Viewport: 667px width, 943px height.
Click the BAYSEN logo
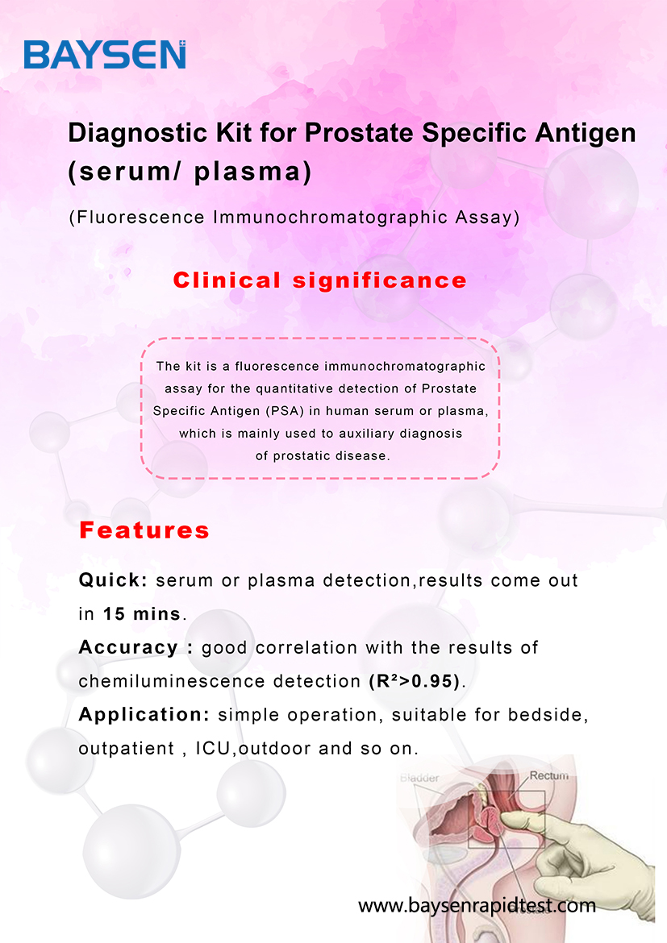[x=105, y=55]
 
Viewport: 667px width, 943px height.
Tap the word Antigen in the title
[x=585, y=134]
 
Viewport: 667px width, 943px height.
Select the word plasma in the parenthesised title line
[x=248, y=172]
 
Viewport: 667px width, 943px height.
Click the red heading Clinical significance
[x=319, y=280]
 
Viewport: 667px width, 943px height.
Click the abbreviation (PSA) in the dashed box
[x=284, y=411]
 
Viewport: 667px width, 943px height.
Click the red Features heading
[x=144, y=530]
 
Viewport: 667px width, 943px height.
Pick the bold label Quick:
[x=113, y=580]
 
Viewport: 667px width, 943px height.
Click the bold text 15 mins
[x=142, y=614]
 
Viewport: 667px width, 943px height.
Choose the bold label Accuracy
[x=128, y=648]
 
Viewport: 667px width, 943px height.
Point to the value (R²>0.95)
[x=415, y=681]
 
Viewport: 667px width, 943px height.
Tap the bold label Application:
[x=144, y=715]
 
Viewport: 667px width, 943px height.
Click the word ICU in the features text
[x=213, y=749]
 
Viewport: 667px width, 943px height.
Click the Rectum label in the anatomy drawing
[x=548, y=776]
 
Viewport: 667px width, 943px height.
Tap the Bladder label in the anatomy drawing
[x=419, y=778]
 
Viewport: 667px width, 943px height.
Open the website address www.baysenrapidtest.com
[x=477, y=905]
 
